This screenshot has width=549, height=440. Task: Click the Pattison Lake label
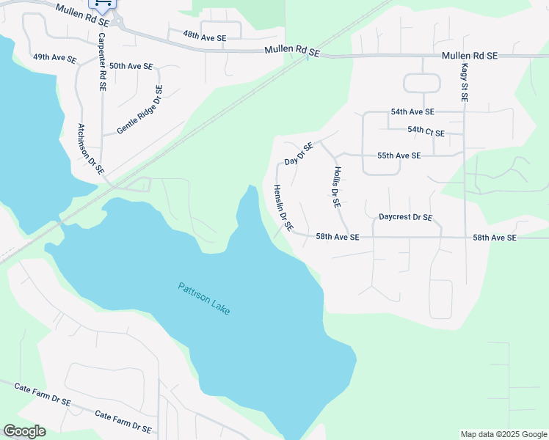coord(204,298)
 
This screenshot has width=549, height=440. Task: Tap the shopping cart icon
coord(103,4)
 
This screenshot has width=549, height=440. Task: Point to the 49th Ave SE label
coord(55,57)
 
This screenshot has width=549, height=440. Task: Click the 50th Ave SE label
coord(131,66)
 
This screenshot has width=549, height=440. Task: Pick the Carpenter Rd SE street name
coord(102,62)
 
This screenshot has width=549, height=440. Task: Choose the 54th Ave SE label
coord(412,112)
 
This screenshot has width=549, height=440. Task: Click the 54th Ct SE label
coord(426,130)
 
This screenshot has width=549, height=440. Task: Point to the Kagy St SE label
coord(464,81)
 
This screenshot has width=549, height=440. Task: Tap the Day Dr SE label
coord(299,153)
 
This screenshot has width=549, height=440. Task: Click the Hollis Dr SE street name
coord(337,187)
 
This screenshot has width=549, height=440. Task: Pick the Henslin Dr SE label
coord(283,208)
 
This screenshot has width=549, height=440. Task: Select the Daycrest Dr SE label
coord(405,218)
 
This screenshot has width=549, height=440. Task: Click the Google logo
coord(24,431)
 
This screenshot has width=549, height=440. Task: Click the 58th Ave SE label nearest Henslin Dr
coord(338,237)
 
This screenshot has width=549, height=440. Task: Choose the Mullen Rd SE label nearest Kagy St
coord(470,56)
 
